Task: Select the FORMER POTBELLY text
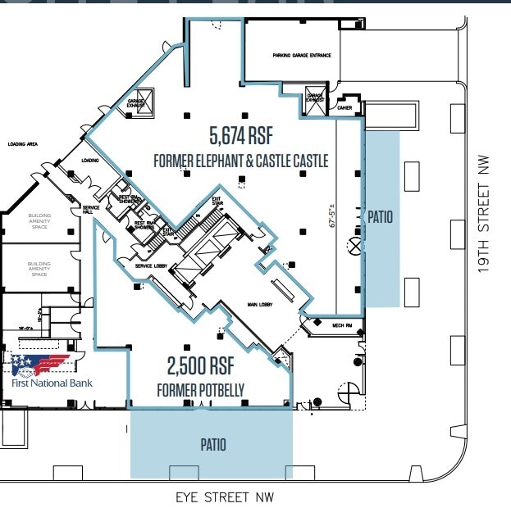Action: (200, 391)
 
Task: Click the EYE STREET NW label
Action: (225, 497)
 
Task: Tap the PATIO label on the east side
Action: (381, 217)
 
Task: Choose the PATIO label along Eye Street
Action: (213, 445)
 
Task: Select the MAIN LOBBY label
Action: (259, 306)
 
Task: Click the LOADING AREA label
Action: (23, 144)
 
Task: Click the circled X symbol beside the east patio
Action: (354, 243)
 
